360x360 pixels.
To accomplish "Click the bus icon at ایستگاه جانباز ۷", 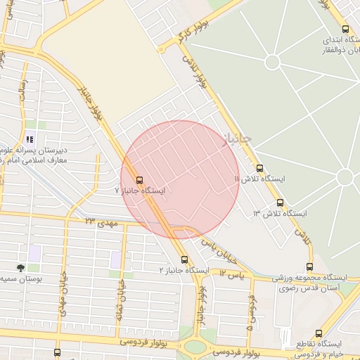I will tap(139, 179).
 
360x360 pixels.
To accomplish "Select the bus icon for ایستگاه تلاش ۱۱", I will tap(259, 169).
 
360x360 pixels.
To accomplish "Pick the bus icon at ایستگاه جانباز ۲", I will tap(184, 259).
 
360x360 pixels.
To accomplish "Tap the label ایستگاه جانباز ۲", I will tap(184, 270).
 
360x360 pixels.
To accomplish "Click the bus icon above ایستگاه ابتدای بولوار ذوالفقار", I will tap(345, 29).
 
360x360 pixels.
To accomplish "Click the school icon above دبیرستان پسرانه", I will tap(30, 139).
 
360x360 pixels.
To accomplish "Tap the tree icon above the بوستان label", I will tap(20, 268).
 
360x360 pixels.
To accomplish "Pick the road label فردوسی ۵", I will tap(250, 313).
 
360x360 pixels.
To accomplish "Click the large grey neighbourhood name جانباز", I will tap(236, 139).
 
